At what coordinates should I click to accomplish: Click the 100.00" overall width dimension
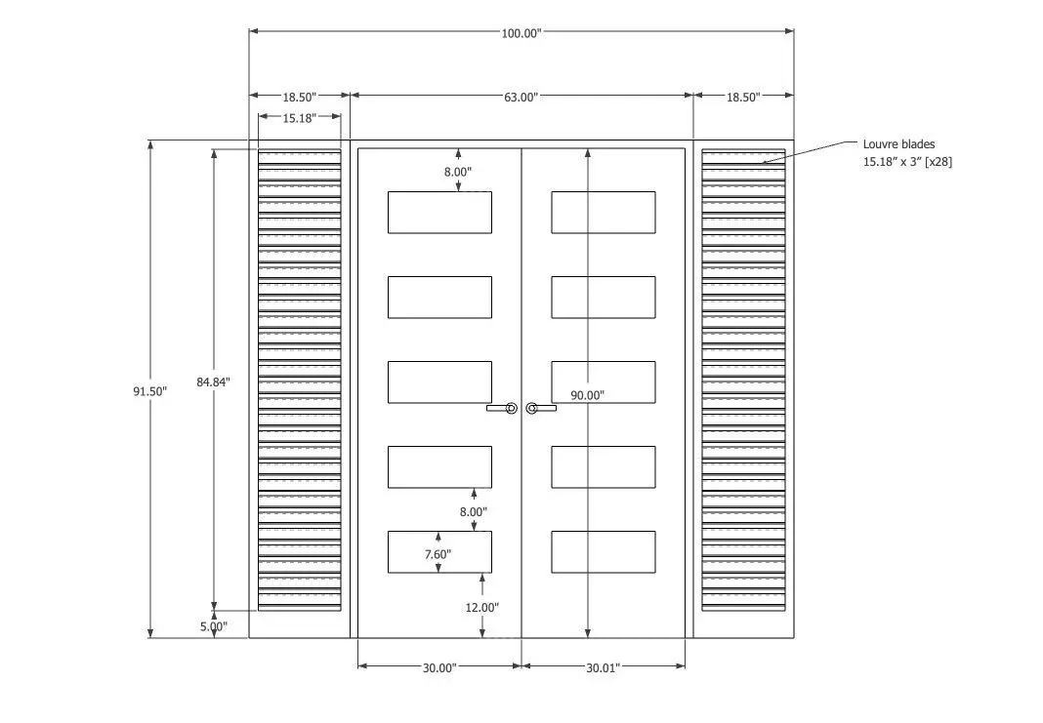click(521, 33)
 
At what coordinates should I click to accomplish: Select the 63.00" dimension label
click(521, 97)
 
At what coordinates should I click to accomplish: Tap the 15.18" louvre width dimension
click(300, 118)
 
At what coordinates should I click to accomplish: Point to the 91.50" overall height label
click(149, 391)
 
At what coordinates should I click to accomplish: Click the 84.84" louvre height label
click(213, 382)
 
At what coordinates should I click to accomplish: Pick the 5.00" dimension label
click(214, 626)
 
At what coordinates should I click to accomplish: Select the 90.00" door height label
click(587, 395)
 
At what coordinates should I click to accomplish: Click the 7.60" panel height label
click(438, 554)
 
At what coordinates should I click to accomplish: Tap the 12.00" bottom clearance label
click(481, 607)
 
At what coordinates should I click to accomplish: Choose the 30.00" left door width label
click(439, 667)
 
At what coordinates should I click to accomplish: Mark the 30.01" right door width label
click(603, 667)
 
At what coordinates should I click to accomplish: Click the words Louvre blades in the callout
click(898, 144)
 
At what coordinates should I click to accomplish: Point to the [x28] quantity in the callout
click(939, 161)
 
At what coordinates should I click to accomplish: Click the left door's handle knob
click(511, 408)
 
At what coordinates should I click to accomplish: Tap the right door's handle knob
click(531, 408)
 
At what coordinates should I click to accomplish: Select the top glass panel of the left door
click(439, 213)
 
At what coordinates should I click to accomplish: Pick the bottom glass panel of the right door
click(604, 552)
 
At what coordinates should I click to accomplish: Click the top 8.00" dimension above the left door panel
click(458, 172)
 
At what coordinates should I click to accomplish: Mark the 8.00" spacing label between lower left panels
click(473, 511)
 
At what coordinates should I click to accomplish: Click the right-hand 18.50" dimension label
click(742, 97)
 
